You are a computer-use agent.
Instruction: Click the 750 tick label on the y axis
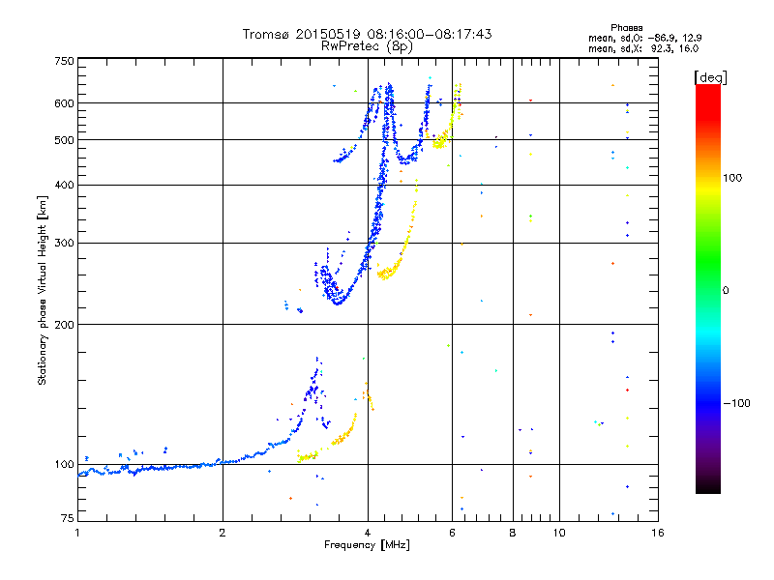tap(64, 61)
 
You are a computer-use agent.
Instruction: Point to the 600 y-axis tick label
tap(64, 103)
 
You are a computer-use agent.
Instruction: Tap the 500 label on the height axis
tap(64, 140)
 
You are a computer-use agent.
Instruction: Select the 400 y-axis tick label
tap(64, 186)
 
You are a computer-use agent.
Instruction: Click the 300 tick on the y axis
tap(64, 244)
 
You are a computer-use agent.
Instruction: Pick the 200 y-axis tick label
tap(64, 325)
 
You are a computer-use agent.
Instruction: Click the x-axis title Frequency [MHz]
tap(367, 546)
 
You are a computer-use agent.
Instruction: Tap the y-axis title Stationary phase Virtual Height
tap(43, 290)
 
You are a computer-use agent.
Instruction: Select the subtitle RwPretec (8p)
tap(367, 45)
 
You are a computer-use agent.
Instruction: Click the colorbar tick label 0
tap(728, 290)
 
